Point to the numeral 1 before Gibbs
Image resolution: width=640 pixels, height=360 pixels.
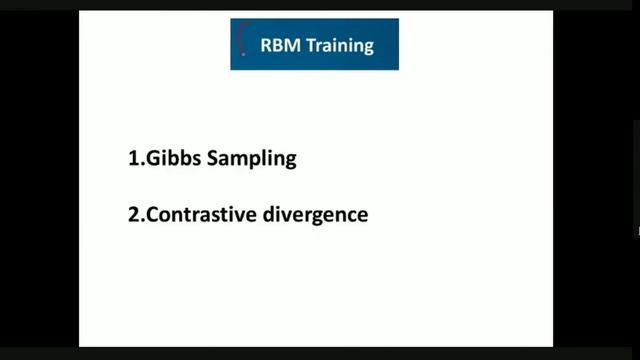click(133, 158)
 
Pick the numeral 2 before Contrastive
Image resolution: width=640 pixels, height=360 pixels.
click(134, 213)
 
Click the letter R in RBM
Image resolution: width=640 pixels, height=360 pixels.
click(267, 45)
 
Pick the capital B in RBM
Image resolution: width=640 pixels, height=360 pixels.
click(279, 45)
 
